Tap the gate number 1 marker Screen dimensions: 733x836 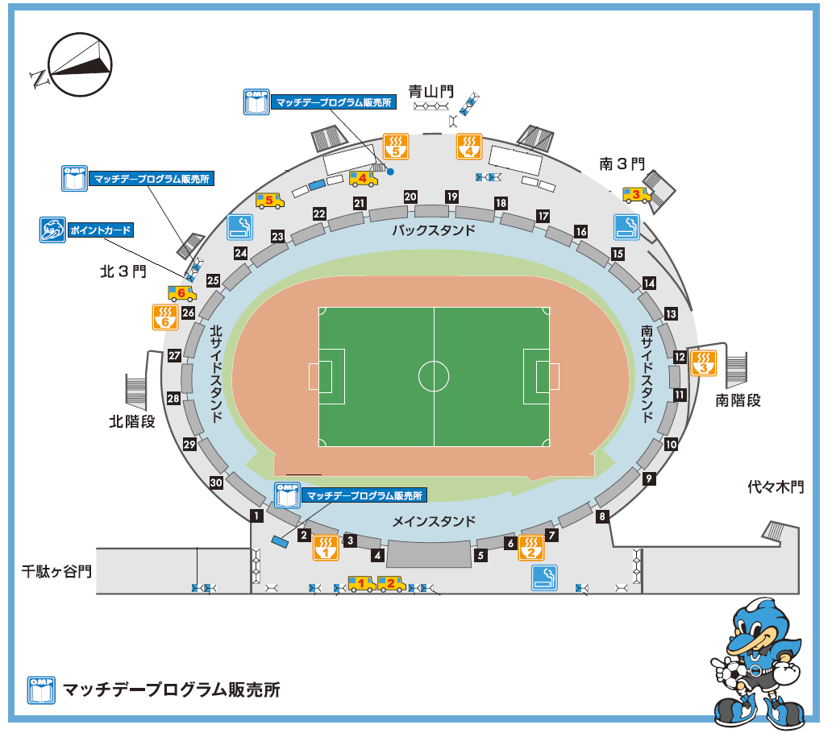256,515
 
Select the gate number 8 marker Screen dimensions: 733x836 601,516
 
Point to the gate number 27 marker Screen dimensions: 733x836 174,355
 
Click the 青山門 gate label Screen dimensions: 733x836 430,92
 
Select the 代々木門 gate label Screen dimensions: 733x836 776,487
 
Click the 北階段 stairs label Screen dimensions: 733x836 132,420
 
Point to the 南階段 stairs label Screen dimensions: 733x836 738,400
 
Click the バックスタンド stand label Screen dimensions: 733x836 433,230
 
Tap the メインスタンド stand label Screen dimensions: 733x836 433,521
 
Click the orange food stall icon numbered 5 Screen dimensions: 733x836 396,145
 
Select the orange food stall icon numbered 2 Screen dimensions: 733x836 531,547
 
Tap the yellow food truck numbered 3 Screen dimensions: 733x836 637,194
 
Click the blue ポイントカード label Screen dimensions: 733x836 99,230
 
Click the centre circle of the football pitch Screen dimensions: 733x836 434,375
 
